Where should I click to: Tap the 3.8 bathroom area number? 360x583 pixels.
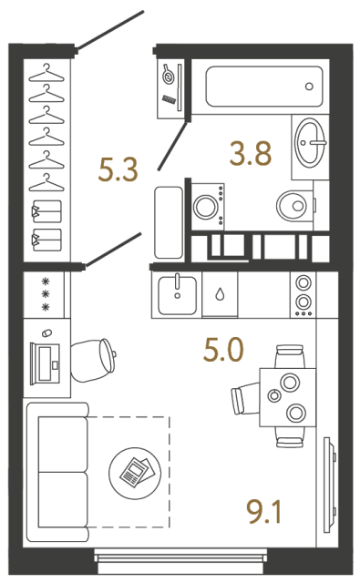251,154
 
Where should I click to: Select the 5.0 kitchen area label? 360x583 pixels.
223,349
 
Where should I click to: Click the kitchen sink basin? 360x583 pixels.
178,295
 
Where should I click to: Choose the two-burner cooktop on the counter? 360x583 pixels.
302,293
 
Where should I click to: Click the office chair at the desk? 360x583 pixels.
94,359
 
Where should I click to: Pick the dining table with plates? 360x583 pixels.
287,397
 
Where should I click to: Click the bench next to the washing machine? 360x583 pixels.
169,222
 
